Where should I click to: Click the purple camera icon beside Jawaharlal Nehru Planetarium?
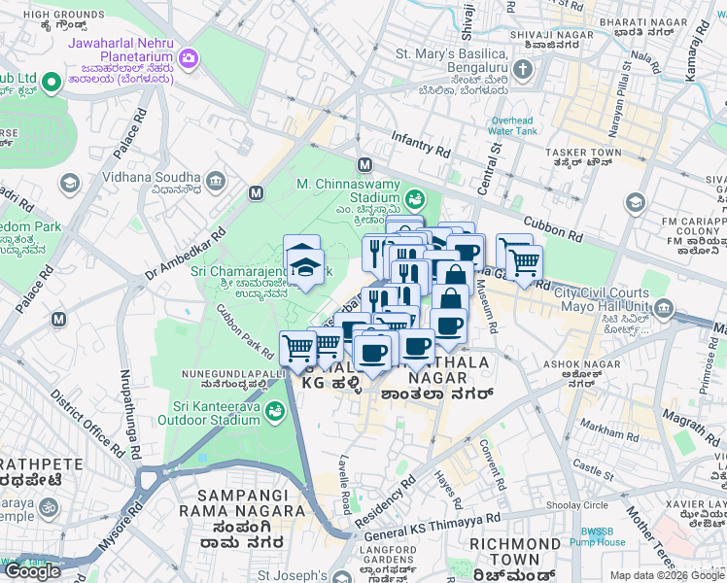coord(189,59)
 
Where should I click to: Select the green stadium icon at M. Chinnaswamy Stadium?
coord(415,199)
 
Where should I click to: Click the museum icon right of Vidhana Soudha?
coord(215,181)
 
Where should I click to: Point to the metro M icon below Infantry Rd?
coord(365,164)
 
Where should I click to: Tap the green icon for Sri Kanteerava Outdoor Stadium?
coord(278,413)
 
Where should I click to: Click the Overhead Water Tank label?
coord(511,125)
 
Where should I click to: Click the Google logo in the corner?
coord(33,571)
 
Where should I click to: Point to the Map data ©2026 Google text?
coord(667,575)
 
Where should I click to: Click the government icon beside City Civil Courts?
coord(665,309)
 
